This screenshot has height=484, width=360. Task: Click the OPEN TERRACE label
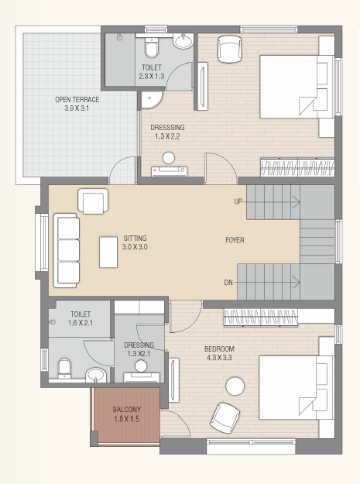point(77,100)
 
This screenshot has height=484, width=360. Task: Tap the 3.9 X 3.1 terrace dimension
point(77,108)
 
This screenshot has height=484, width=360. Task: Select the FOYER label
point(235,240)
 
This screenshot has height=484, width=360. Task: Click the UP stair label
point(238,201)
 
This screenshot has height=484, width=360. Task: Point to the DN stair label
point(228,283)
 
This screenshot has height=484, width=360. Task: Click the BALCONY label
point(127,410)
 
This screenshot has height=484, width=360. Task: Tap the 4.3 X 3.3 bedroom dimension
point(219,358)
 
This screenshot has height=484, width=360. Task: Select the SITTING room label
point(135,239)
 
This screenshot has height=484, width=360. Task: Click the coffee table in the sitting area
point(108,252)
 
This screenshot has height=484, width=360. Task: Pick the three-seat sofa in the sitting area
point(66,250)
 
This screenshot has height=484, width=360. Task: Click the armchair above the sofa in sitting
point(93,201)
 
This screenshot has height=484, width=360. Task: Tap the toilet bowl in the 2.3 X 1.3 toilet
point(152,49)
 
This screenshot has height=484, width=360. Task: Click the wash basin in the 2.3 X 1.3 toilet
point(183,41)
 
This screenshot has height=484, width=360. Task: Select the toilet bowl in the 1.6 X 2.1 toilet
point(64,368)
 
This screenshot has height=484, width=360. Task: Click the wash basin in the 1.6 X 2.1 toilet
point(96,375)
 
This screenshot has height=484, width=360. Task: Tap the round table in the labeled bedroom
point(235,386)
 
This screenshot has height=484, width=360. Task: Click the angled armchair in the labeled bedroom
point(225,417)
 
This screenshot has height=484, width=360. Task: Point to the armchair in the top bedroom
point(229,49)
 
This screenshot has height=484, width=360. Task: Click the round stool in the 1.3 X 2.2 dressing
point(169,158)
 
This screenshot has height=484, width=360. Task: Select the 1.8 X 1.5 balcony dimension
point(126,419)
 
